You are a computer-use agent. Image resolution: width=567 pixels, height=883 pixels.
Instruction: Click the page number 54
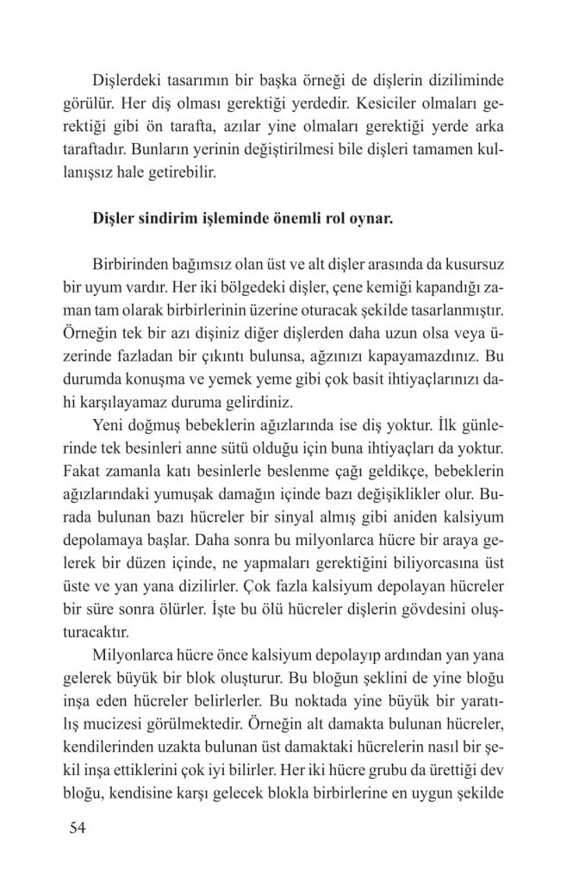point(77,830)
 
